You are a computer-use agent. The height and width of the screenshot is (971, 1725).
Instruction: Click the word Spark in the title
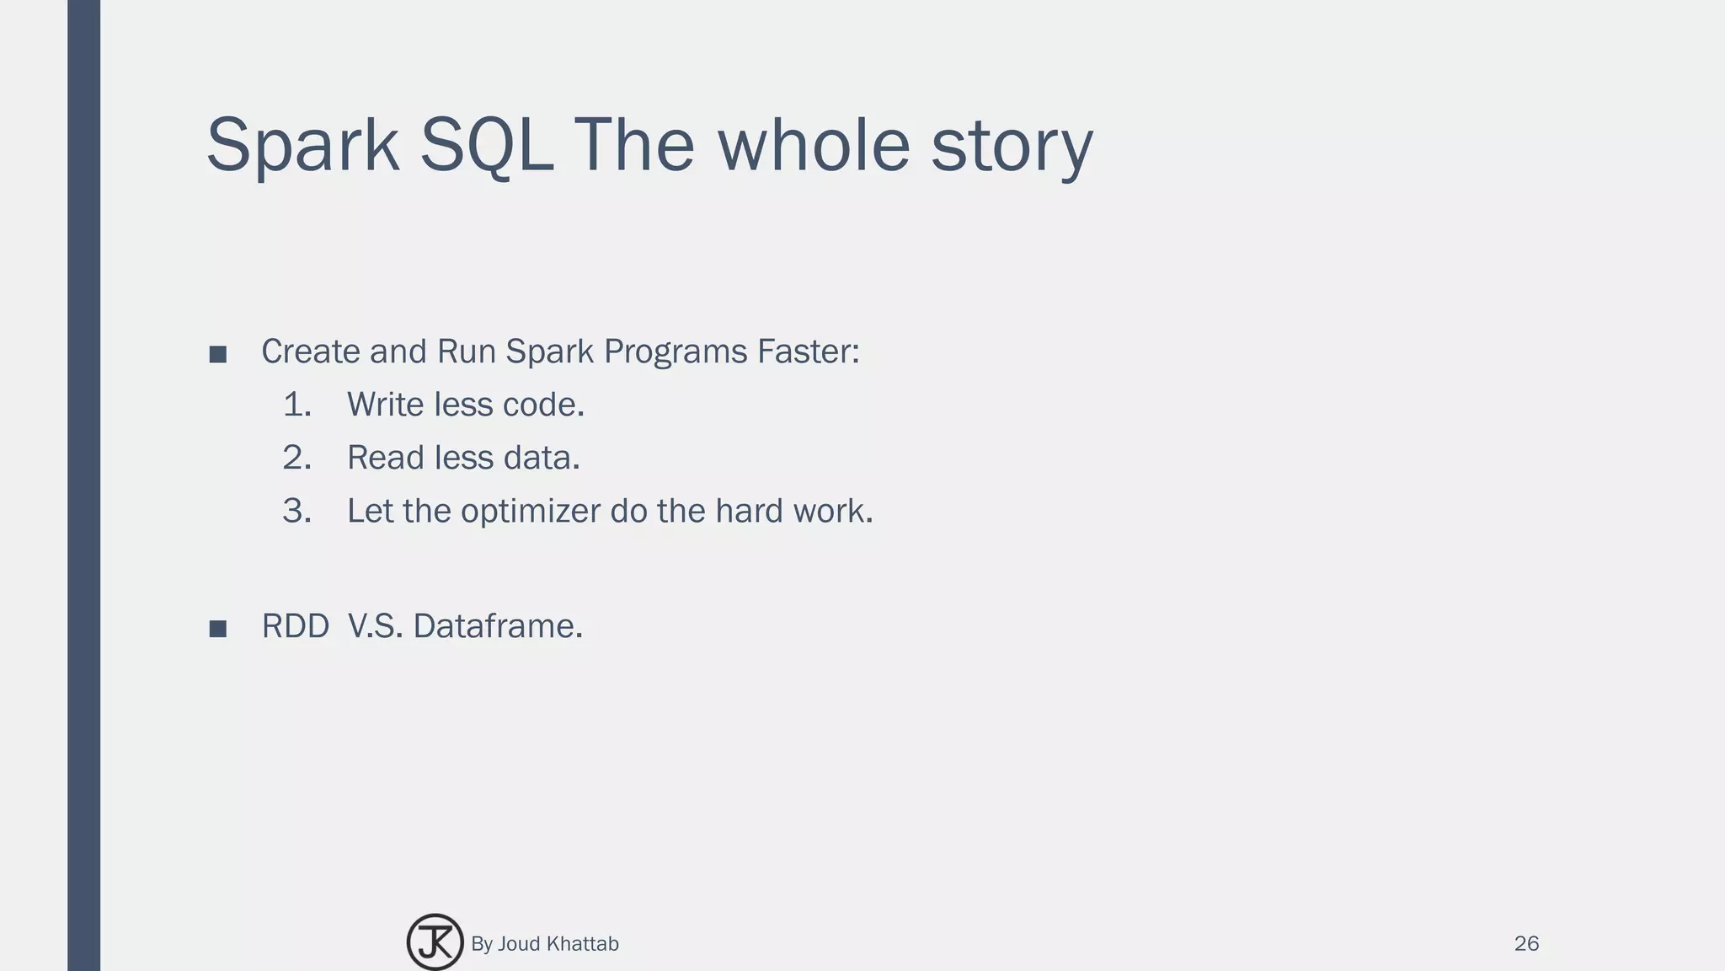pyautogui.click(x=302, y=146)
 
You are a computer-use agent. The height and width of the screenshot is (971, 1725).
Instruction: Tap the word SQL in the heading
pyautogui.click(x=486, y=146)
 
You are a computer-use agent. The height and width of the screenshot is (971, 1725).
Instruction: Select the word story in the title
pyautogui.click(x=1012, y=146)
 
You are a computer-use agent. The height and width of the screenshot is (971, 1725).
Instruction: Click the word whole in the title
pyautogui.click(x=813, y=146)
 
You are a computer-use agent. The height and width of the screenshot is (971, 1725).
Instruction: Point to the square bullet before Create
pyautogui.click(x=217, y=354)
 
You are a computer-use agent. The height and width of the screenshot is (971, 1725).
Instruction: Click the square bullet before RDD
pyautogui.click(x=217, y=629)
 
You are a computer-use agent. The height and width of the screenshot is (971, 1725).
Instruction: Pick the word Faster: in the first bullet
pyautogui.click(x=808, y=351)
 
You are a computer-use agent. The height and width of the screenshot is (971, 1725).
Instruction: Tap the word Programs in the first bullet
pyautogui.click(x=675, y=351)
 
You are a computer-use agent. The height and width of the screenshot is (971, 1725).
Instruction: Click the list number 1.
pyautogui.click(x=296, y=405)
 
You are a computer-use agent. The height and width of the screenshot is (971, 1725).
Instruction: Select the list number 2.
pyautogui.click(x=296, y=458)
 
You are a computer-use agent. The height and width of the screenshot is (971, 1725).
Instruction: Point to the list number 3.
pyautogui.click(x=296, y=511)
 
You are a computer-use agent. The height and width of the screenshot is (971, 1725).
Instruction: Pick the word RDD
pyautogui.click(x=295, y=626)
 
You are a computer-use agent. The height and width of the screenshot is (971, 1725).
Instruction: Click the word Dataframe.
pyautogui.click(x=497, y=626)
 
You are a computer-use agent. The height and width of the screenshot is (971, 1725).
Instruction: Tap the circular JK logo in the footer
pyautogui.click(x=435, y=942)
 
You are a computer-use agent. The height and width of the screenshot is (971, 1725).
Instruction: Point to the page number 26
pyautogui.click(x=1526, y=944)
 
